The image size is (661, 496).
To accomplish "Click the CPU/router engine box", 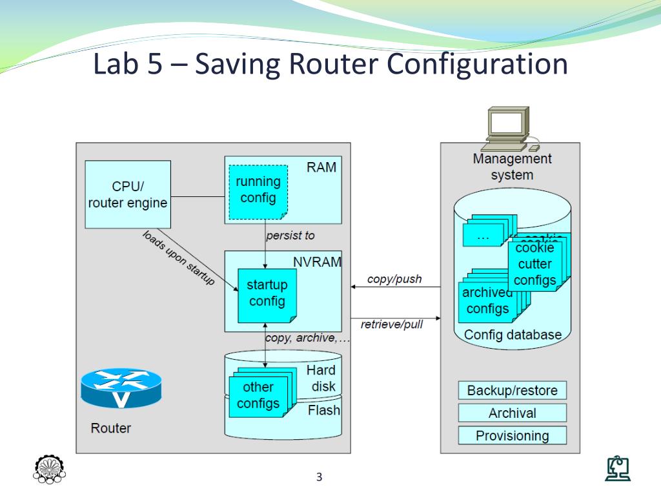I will click(128, 194).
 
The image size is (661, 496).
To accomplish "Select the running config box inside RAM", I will click(258, 191).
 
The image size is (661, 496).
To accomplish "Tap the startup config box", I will click(267, 294).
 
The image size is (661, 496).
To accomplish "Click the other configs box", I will click(258, 395).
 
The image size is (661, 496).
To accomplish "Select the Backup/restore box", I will click(512, 391).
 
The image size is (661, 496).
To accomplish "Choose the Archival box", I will click(512, 413).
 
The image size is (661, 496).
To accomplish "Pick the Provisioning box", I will click(512, 436).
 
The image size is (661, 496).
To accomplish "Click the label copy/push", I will click(394, 279).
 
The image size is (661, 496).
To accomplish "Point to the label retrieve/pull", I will click(392, 324).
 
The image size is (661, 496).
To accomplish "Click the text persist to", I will click(290, 236).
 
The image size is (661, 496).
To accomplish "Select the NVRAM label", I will click(317, 262).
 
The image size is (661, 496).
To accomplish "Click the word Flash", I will click(324, 410).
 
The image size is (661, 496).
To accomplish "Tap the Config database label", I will click(513, 335).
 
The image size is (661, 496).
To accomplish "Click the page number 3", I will click(319, 478).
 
